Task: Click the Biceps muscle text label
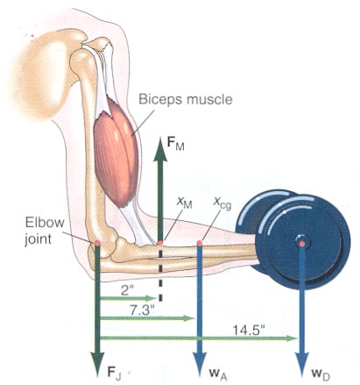(x=186, y=100)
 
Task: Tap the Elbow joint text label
(x=45, y=231)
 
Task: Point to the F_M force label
(x=175, y=144)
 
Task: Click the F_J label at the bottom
(x=114, y=373)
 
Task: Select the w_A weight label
(x=218, y=374)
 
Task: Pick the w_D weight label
(x=320, y=374)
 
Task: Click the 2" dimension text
(x=126, y=291)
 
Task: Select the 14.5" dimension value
(x=249, y=331)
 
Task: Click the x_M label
(x=185, y=203)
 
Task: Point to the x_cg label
(x=222, y=203)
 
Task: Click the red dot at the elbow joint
(x=97, y=243)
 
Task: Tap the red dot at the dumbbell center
(x=302, y=243)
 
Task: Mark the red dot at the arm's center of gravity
(x=200, y=243)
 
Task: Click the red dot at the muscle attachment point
(x=160, y=243)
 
